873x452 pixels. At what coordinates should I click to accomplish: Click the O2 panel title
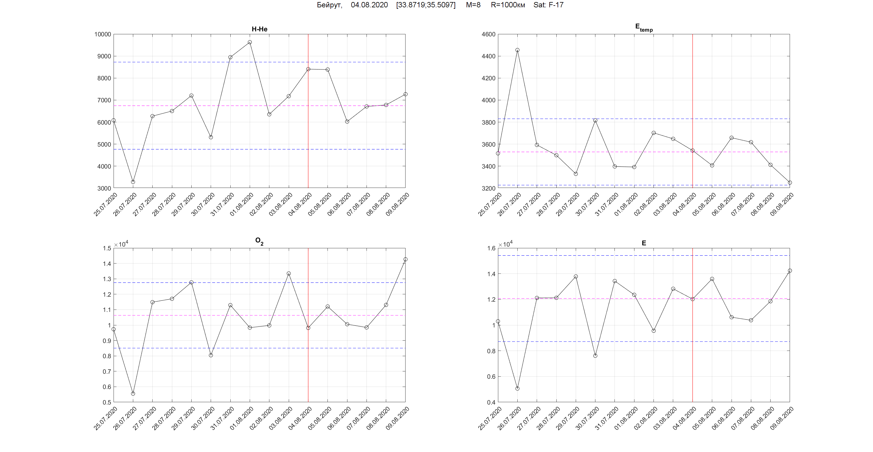tap(259, 241)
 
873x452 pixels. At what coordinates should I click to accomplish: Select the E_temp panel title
tap(644, 28)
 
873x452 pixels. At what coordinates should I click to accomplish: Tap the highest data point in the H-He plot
tap(250, 42)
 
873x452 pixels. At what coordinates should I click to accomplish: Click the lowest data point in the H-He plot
tap(133, 182)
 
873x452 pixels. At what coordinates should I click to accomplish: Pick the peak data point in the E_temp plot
tap(517, 50)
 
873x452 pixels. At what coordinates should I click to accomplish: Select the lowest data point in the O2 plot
tap(133, 393)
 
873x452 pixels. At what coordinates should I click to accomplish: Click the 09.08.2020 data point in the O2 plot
tap(405, 259)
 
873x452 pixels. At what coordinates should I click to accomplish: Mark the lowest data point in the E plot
tap(517, 388)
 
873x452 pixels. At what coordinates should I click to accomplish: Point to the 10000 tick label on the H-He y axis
tap(103, 34)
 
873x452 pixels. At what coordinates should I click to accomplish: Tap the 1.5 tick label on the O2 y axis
tap(107, 248)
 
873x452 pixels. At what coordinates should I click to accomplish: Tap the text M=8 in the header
tap(473, 5)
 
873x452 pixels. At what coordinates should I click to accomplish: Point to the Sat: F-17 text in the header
tap(548, 5)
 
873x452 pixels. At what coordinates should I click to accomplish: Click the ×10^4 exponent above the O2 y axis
tap(121, 244)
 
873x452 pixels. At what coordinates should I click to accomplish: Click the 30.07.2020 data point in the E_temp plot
tap(595, 120)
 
